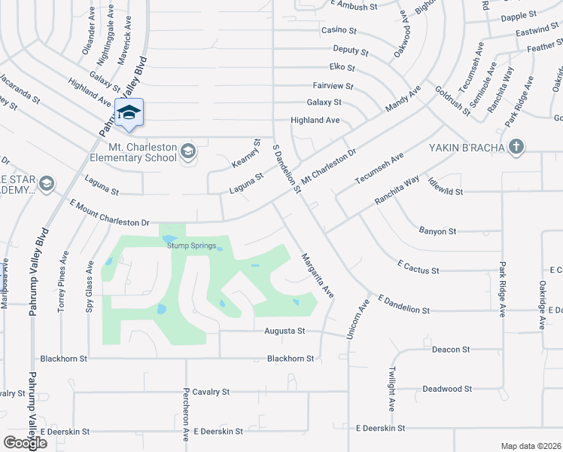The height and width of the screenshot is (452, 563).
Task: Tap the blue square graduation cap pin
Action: coord(129,111)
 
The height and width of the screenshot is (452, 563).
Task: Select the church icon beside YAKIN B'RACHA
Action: coord(516,146)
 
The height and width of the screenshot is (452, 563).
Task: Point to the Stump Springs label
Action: coord(190,246)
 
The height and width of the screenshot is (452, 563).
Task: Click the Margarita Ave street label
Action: coord(316,273)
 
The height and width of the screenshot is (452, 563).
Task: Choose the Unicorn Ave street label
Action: coord(355,318)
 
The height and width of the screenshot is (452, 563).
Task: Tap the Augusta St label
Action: coord(285,331)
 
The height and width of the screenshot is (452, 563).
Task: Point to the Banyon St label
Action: coord(437,231)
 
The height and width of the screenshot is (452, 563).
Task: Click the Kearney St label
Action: coord(245,153)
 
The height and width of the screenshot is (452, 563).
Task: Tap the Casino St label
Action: coord(339,30)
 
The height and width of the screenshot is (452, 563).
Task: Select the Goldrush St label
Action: coord(452,99)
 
